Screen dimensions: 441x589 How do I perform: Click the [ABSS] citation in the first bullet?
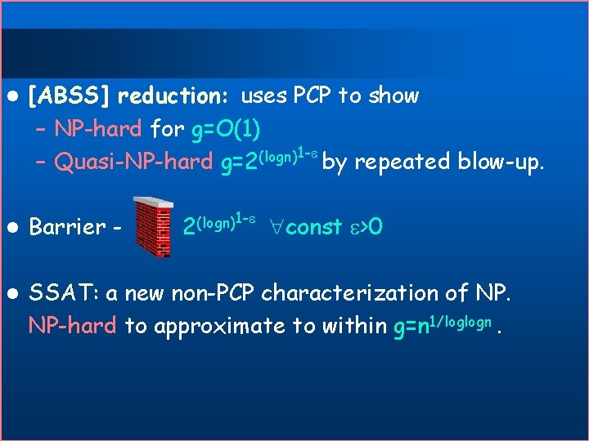[70, 96]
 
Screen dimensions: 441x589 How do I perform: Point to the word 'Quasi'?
[79, 163]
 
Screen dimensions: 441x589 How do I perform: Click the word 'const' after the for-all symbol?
[314, 227]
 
